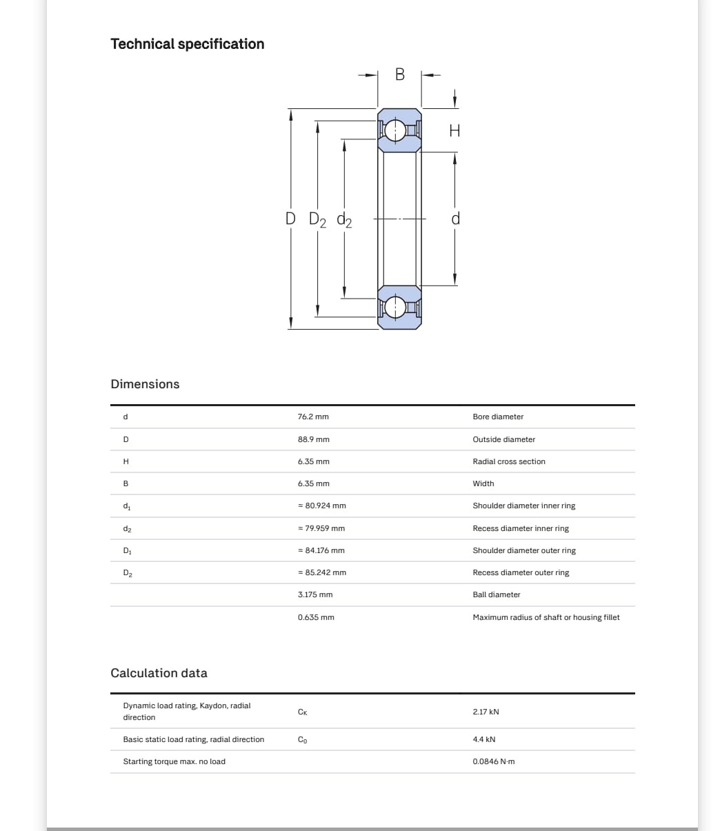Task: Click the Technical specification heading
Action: tap(187, 44)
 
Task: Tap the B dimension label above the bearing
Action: tap(400, 74)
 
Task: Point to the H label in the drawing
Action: tap(454, 130)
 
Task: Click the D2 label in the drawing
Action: tap(318, 220)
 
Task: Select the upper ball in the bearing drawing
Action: tap(396, 130)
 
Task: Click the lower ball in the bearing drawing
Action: tap(396, 307)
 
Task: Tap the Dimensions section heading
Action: tap(145, 384)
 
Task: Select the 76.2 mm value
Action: tap(313, 417)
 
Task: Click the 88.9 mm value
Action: tap(313, 439)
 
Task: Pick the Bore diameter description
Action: tap(498, 417)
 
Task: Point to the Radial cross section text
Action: tap(509, 461)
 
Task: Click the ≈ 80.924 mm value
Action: tap(321, 506)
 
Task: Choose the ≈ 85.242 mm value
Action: tap(321, 572)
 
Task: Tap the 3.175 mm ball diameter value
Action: tap(315, 594)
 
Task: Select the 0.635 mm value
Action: tap(316, 617)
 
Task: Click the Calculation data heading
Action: tap(159, 673)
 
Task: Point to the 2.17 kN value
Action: tap(486, 712)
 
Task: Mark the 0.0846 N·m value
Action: tap(494, 761)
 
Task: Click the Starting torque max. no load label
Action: tap(174, 761)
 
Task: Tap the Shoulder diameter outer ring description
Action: tap(524, 550)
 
